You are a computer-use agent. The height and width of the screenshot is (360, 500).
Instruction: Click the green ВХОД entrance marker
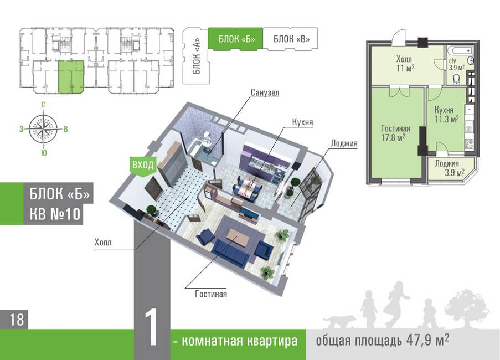pos(142,164)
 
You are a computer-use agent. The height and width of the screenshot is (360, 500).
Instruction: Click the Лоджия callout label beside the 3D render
pos(344,143)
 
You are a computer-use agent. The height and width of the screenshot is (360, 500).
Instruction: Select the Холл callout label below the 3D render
pos(103,241)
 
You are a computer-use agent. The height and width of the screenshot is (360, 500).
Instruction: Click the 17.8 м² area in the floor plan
pos(393,136)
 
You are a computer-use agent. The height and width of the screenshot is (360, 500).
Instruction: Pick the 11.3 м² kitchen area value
pos(447,119)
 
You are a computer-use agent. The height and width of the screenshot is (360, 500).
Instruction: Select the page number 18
pos(16,320)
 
